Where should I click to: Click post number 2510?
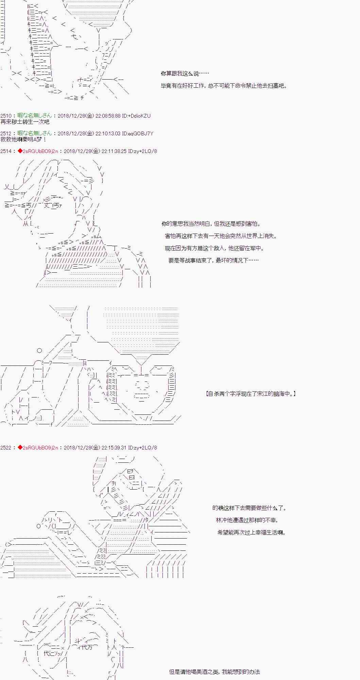click(6, 116)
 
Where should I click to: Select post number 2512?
click(6, 133)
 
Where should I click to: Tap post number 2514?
click(6, 151)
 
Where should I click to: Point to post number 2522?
click(6, 447)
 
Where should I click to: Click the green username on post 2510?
click(35, 116)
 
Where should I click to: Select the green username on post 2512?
click(35, 133)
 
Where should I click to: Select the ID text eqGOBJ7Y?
click(141, 133)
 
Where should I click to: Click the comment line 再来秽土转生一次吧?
click(25, 122)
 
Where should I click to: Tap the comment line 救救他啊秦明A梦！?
click(23, 139)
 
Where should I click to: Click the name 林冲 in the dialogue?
click(222, 520)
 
